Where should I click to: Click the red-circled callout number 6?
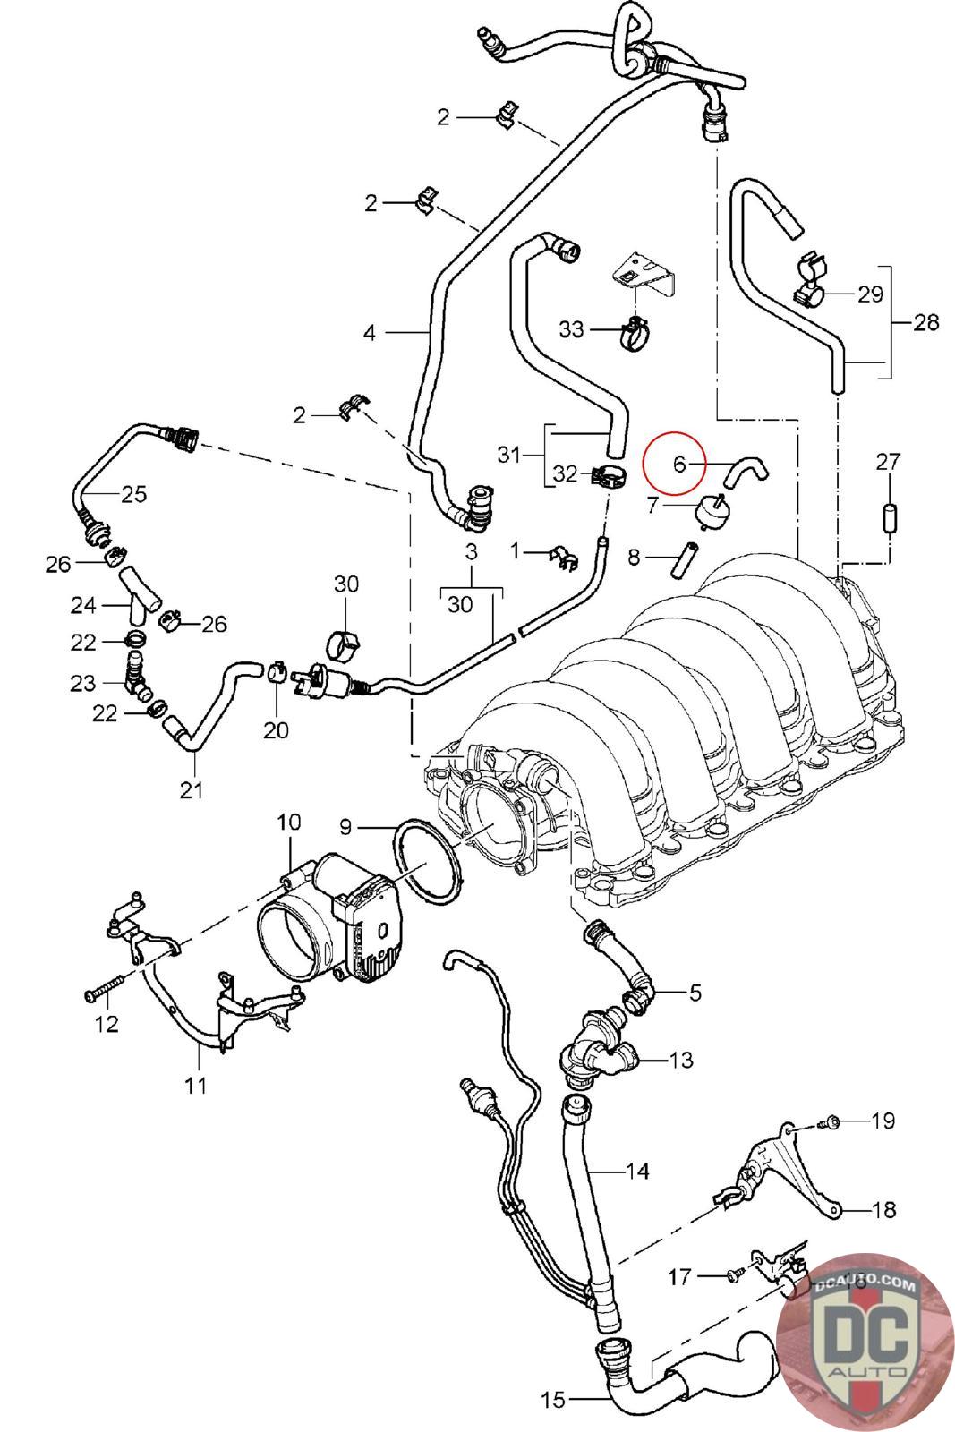[x=678, y=464]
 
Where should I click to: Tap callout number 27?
[x=888, y=461]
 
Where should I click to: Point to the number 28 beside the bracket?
[x=926, y=322]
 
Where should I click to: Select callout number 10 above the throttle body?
[x=289, y=822]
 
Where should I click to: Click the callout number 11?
[x=196, y=1085]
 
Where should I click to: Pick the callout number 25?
[x=134, y=493]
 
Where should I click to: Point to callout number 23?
[x=83, y=684]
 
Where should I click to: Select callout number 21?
[x=192, y=790]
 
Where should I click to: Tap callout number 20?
[x=277, y=729]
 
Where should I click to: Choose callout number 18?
[x=884, y=1209]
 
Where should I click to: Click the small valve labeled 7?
[x=710, y=510]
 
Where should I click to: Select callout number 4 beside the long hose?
[x=370, y=332]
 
